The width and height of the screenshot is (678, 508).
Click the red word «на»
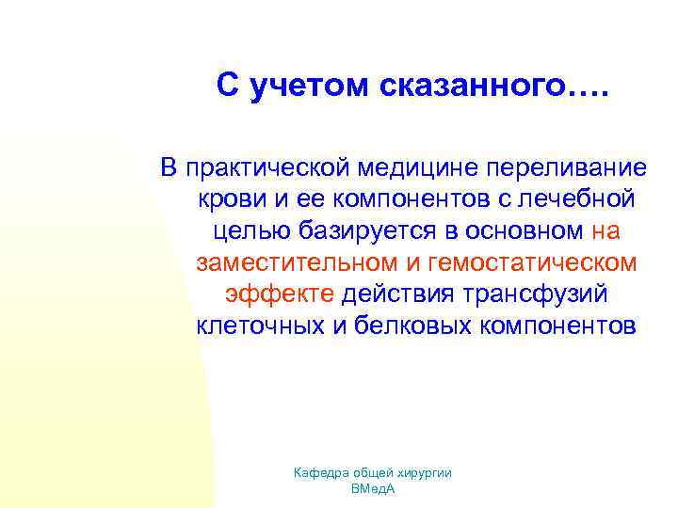[x=606, y=231]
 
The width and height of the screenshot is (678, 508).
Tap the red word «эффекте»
[x=279, y=295]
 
